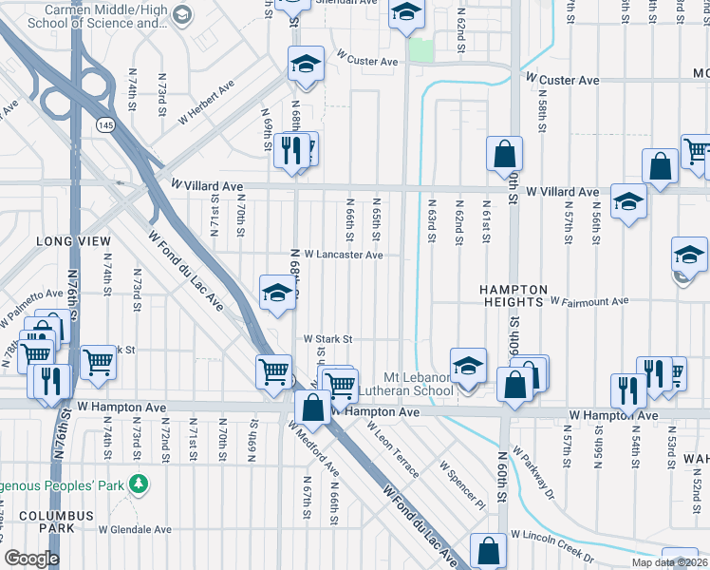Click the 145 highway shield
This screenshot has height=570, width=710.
coord(104,124)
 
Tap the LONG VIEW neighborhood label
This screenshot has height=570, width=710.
coord(74,241)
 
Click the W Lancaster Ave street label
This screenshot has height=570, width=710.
coord(343,255)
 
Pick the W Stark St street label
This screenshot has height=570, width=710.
coord(327,339)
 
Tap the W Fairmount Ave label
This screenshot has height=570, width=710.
coord(589,301)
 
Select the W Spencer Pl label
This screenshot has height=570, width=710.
coord(462,485)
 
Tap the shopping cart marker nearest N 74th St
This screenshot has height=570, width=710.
coord(98,362)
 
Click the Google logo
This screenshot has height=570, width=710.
coord(30,559)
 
